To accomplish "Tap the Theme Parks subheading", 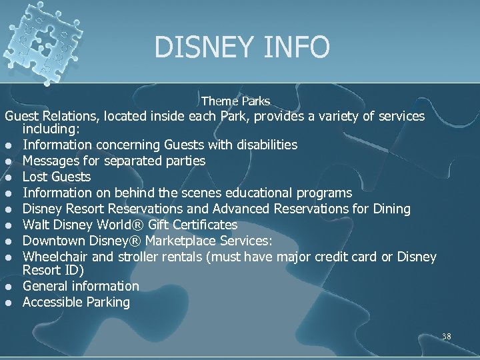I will pos(235,101).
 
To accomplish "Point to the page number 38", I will pos(446,337).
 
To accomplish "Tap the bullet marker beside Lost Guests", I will pos(10,177).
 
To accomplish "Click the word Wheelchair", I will pos(53,257).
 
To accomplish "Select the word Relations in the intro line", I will pos(68,116).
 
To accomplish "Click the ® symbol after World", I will pos(151,225).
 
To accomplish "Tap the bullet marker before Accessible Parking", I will pos(10,303).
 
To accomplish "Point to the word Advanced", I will pos(235,209).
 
